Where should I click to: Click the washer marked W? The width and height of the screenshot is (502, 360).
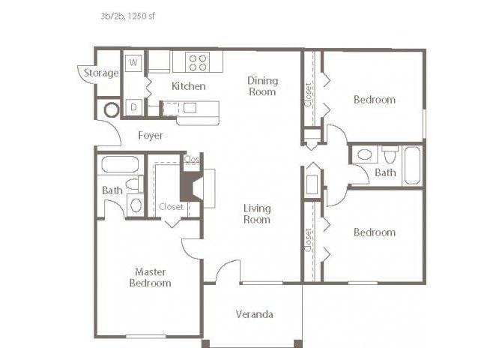133,62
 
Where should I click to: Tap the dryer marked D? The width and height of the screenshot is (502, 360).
133,107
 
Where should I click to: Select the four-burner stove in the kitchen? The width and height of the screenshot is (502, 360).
198,62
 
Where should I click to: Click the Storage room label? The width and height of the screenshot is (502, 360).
101,73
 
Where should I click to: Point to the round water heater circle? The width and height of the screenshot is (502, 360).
112,109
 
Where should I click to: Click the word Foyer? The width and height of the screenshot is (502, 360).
151,135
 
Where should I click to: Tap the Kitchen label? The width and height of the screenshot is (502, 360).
189,86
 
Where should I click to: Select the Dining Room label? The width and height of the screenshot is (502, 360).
262,86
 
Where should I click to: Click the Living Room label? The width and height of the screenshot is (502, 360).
257,214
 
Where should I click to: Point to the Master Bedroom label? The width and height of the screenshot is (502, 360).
150,277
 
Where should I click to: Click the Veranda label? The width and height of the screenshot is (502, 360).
255,313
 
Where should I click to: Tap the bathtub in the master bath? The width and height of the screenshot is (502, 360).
120,164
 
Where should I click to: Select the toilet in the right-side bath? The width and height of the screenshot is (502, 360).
390,154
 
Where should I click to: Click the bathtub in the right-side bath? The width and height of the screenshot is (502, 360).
412,165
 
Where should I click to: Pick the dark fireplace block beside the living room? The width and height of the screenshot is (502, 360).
191,187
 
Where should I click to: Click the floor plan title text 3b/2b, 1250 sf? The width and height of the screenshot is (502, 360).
127,16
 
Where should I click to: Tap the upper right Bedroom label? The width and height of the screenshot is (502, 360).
375,100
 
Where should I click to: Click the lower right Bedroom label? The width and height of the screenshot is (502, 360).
375,232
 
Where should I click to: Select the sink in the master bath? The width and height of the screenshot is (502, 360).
136,205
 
